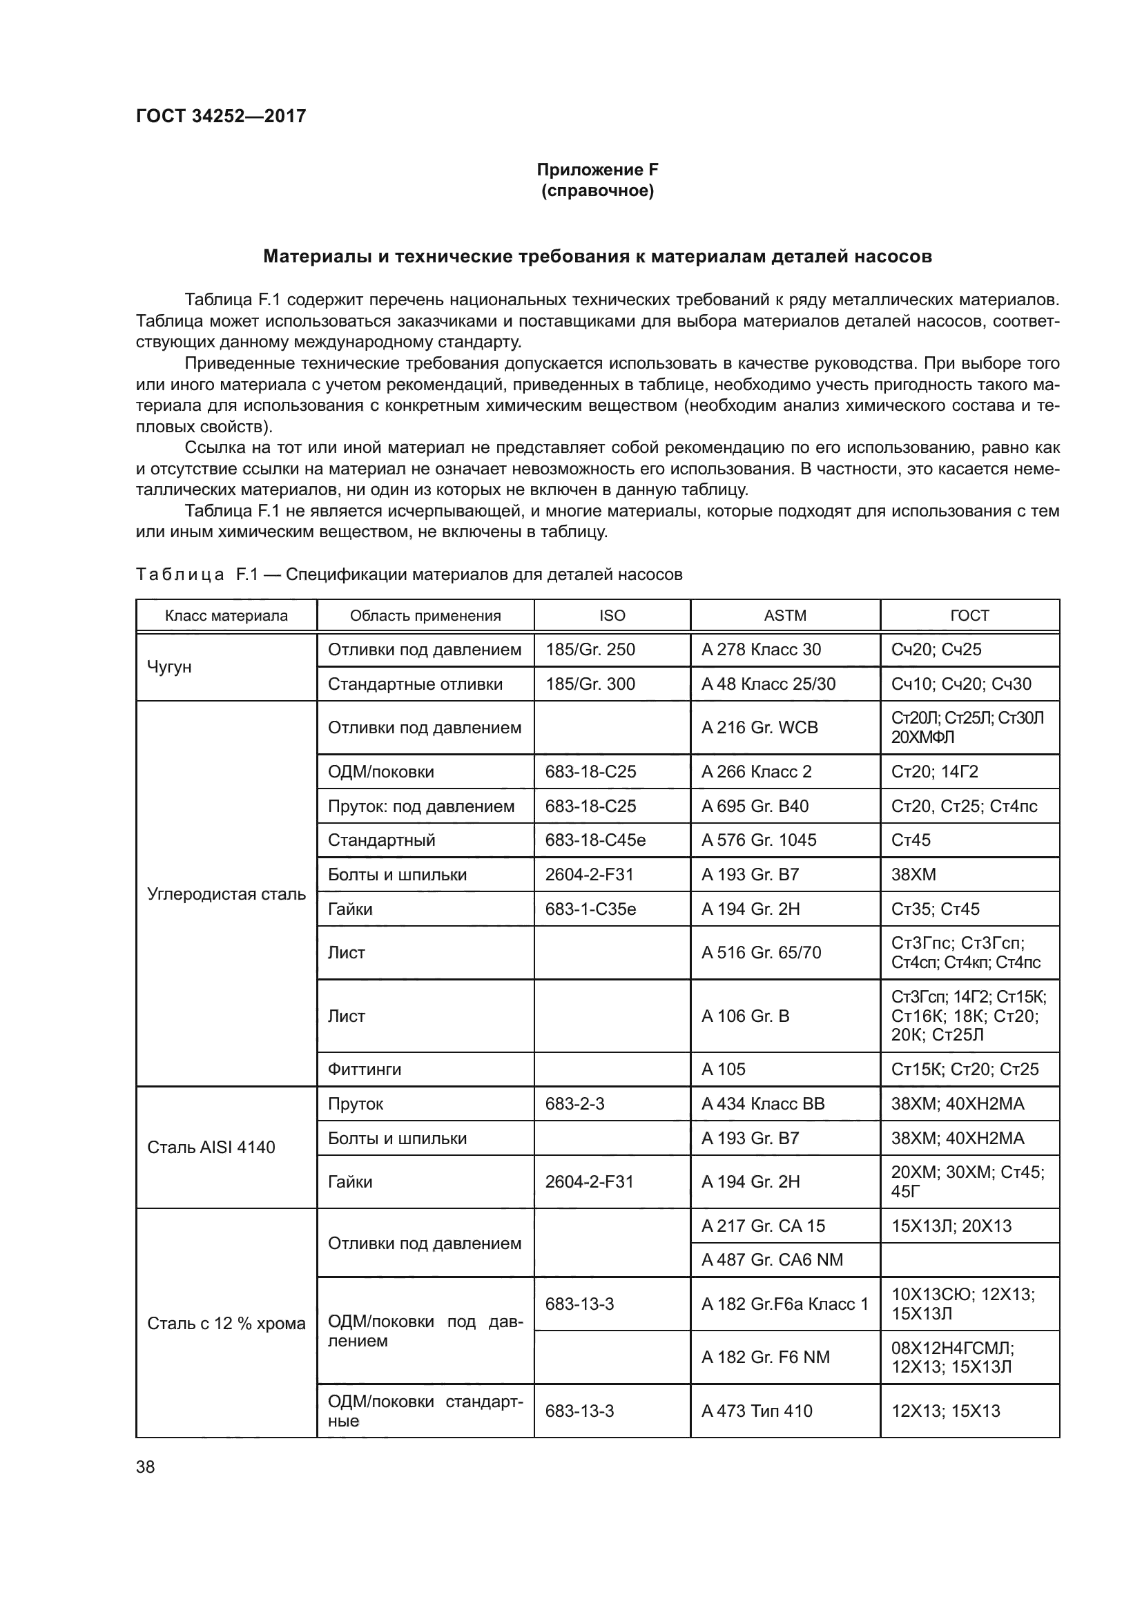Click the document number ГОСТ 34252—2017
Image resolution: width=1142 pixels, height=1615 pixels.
(221, 116)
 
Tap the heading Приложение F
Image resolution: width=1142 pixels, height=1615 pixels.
(597, 170)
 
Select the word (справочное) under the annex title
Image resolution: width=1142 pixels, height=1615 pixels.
(597, 191)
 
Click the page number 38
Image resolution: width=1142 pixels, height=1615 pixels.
(146, 1467)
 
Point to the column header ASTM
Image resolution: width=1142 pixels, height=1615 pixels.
(785, 615)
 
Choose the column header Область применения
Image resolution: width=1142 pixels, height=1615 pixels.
(425, 615)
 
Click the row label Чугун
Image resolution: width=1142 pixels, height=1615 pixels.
(169, 666)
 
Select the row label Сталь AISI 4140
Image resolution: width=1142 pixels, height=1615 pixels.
(211, 1148)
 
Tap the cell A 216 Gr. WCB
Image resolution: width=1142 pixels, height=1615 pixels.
(759, 727)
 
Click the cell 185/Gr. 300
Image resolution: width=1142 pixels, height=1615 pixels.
(590, 684)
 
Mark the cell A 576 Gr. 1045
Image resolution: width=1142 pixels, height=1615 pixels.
(759, 840)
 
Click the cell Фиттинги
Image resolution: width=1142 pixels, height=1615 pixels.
(365, 1069)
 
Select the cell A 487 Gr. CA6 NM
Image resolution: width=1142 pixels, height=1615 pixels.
(772, 1260)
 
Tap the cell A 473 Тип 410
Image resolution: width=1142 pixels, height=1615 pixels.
(757, 1411)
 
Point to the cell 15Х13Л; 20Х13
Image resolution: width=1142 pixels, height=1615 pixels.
(951, 1226)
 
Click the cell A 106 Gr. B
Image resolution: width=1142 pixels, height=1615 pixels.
(746, 1016)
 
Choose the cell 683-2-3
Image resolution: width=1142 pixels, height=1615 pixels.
(574, 1103)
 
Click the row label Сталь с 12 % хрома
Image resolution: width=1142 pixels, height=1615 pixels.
(226, 1323)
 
